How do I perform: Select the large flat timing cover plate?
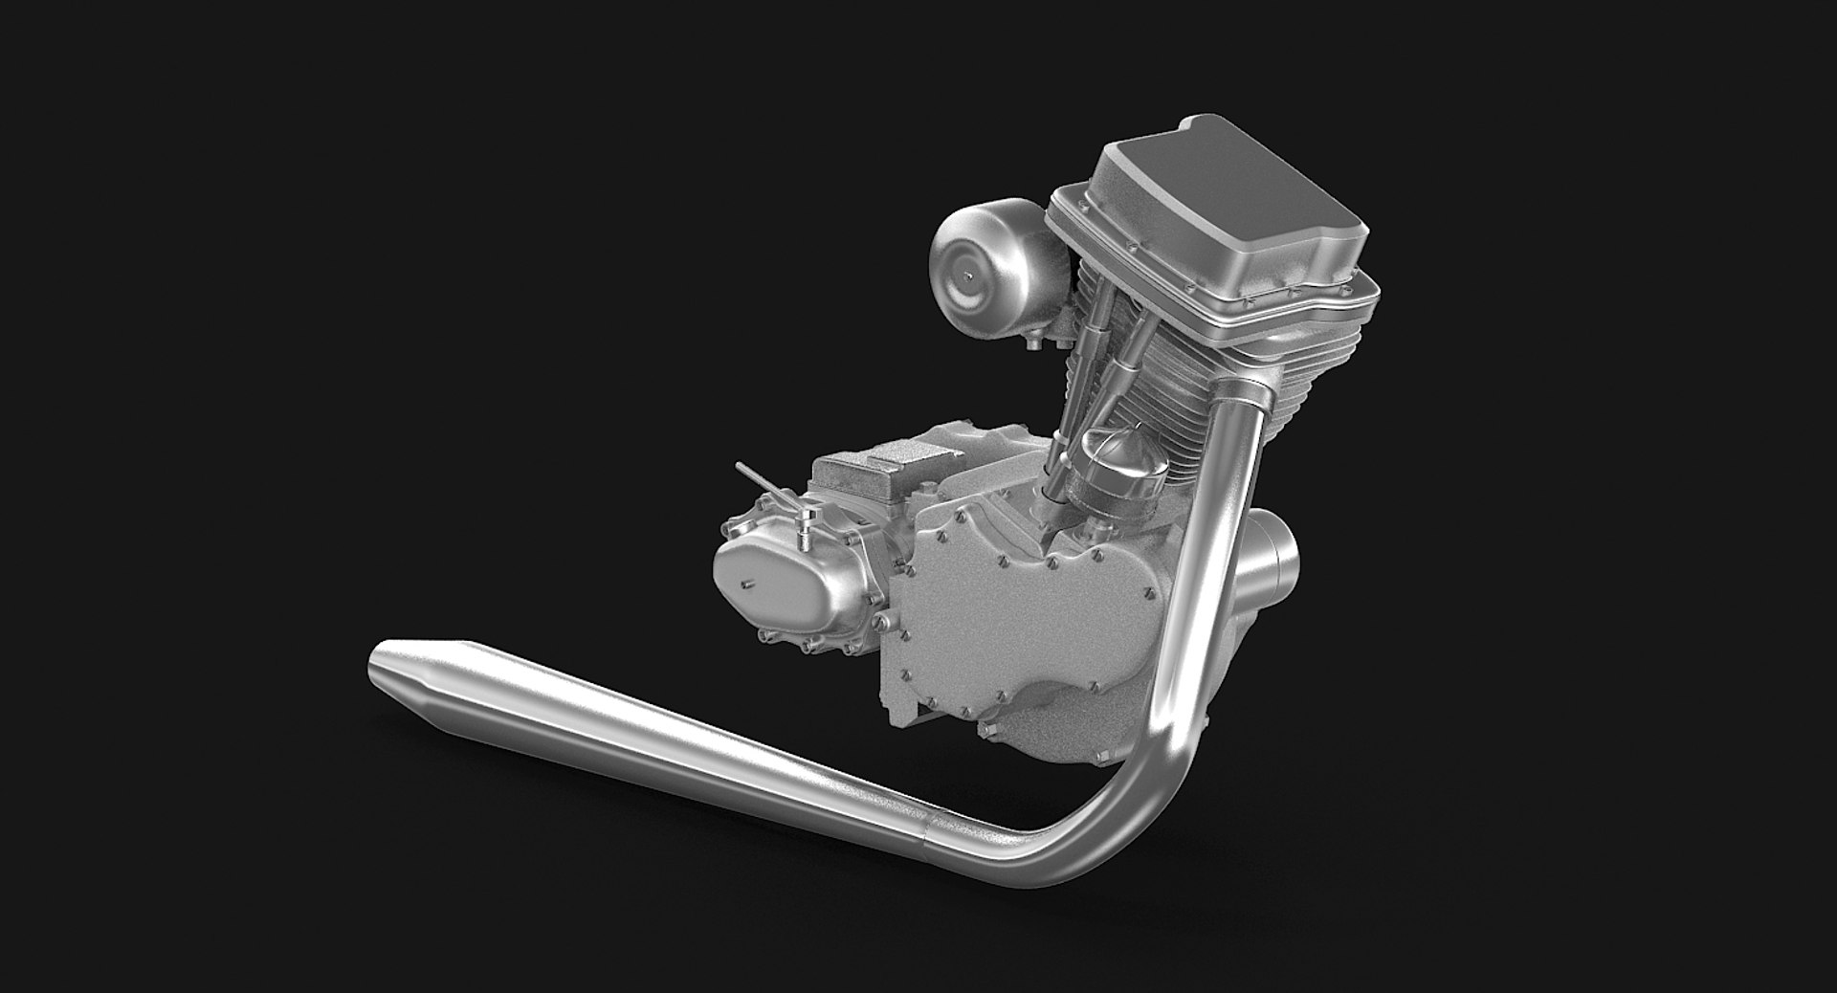(x=985, y=622)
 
